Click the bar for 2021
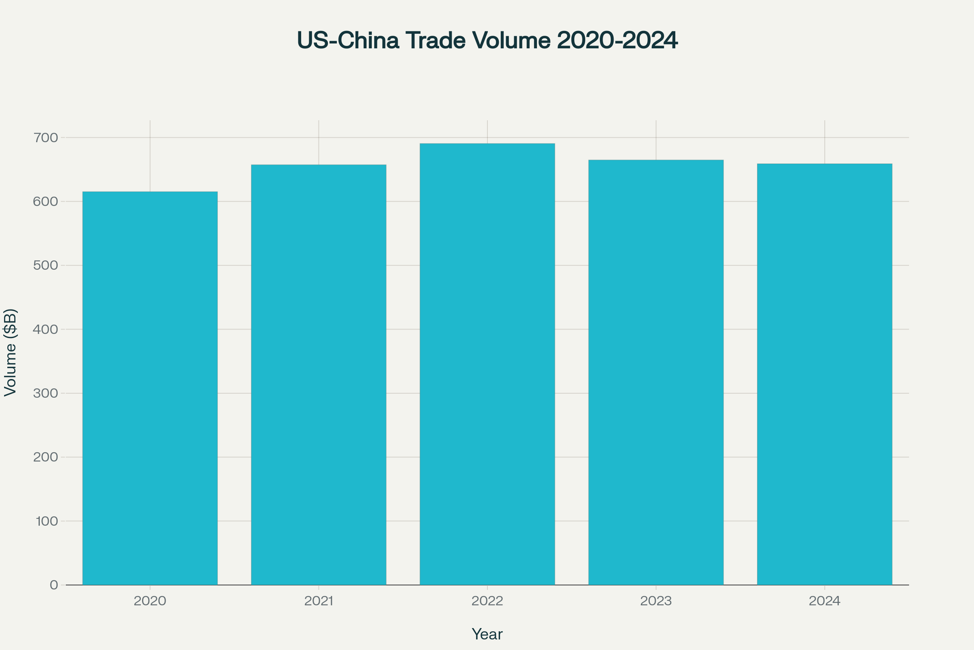tap(319, 375)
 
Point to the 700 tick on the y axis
tap(45, 138)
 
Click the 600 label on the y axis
tap(45, 201)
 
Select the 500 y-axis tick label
tap(45, 265)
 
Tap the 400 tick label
tap(45, 329)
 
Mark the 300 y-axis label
tap(45, 393)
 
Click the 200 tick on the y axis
tap(45, 457)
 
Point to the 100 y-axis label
tap(47, 521)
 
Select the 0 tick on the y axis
tap(54, 585)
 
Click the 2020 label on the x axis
tap(150, 601)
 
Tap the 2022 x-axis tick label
tap(487, 601)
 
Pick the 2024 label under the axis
tap(825, 601)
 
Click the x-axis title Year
tap(487, 634)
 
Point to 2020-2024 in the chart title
tap(617, 40)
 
